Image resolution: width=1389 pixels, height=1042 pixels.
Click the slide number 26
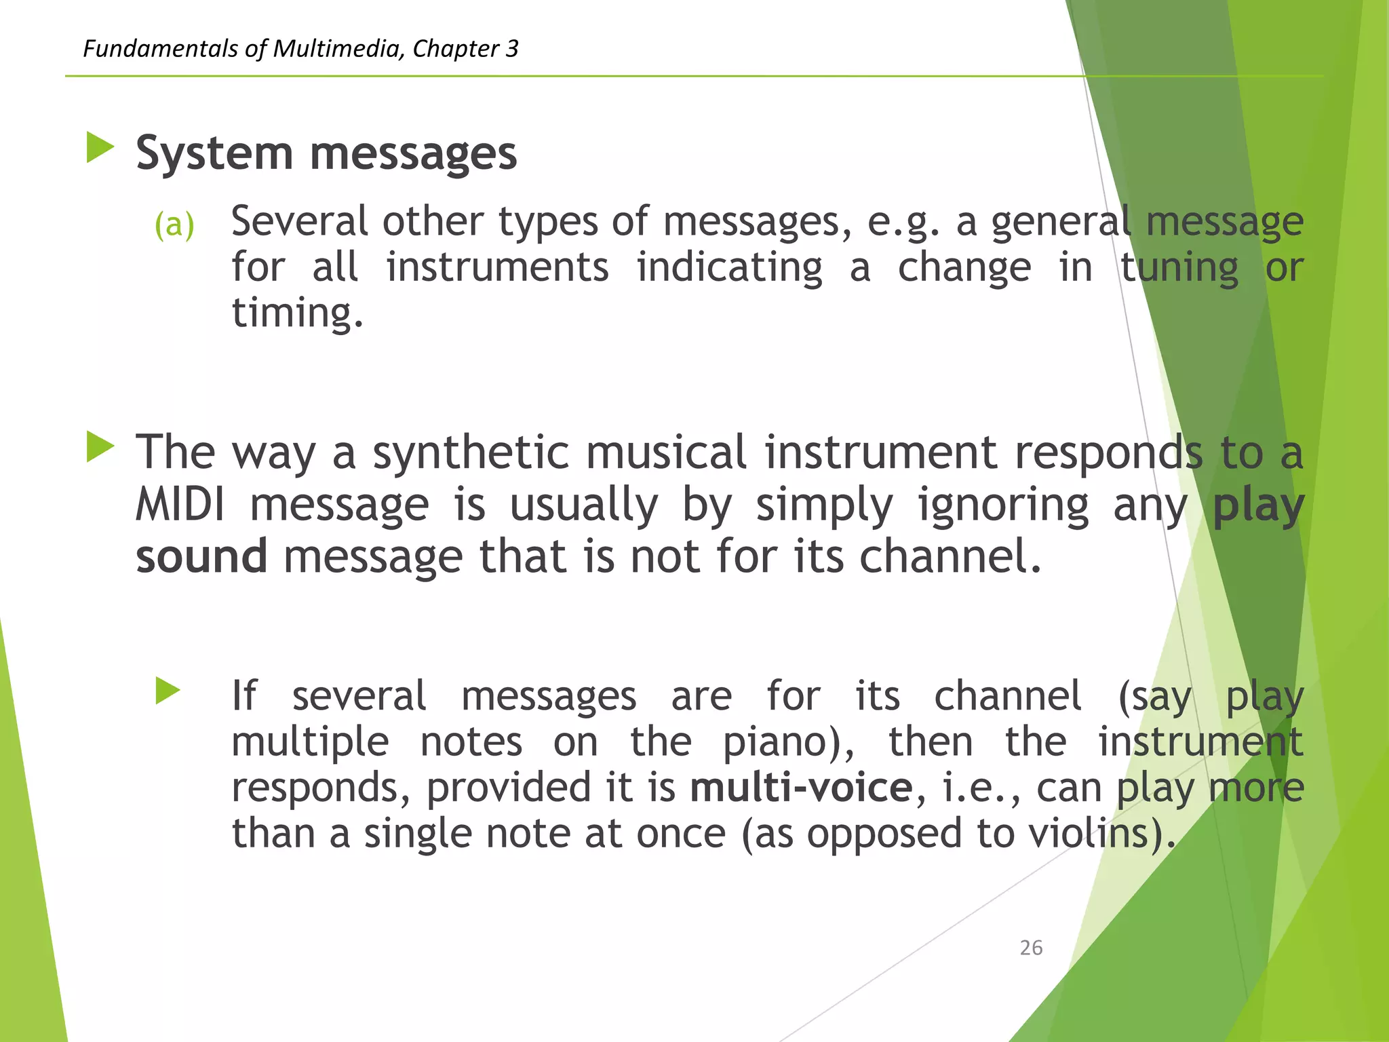pos(1031,948)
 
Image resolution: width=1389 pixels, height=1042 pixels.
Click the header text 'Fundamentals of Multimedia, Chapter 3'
pos(300,49)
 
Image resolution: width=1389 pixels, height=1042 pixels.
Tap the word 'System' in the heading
pos(214,153)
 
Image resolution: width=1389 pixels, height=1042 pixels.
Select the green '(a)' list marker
pos(174,225)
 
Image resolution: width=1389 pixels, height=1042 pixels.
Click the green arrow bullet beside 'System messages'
pos(100,147)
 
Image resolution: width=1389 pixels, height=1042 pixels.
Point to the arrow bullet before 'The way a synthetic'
pos(100,448)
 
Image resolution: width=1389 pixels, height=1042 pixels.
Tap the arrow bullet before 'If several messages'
pos(168,691)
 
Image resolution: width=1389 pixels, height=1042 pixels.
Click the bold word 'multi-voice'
pos(802,788)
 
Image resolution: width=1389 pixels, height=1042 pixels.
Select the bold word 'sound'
pos(201,556)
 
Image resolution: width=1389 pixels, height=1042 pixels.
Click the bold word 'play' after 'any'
pos(1258,505)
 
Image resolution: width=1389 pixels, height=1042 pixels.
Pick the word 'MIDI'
pos(180,505)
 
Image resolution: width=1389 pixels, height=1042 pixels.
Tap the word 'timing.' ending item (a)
pos(298,313)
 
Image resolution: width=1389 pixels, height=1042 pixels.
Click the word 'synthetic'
pos(471,452)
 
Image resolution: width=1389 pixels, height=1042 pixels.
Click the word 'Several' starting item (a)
pos(299,222)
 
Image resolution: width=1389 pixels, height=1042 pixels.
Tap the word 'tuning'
pos(1179,267)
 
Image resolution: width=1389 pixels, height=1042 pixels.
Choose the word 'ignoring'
pos(1003,505)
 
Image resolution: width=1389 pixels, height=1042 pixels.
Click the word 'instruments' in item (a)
pos(498,267)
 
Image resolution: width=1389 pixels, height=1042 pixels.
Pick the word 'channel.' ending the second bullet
pos(950,556)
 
